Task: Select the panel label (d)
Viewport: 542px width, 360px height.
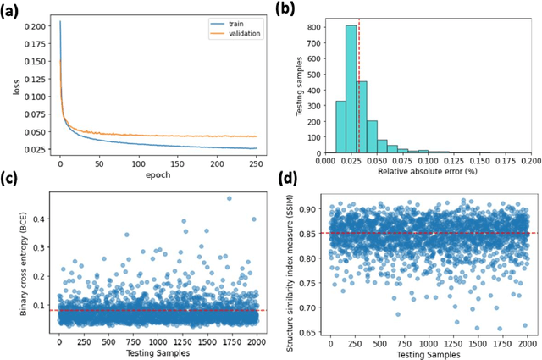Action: click(289, 180)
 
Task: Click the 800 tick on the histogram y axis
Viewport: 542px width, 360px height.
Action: click(313, 26)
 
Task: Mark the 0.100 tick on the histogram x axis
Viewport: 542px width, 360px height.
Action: click(429, 158)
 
